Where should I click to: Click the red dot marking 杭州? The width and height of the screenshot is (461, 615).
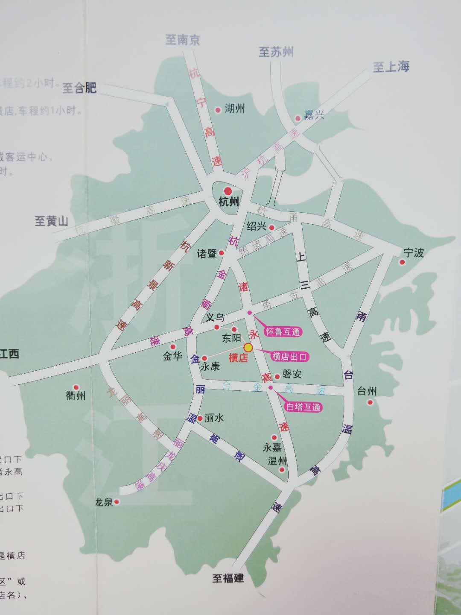228,191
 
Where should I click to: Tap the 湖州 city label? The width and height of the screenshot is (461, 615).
234,109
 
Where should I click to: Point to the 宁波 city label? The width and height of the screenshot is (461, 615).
413,252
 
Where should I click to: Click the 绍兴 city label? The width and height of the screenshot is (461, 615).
257,226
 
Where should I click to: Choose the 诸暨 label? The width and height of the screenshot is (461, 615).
207,254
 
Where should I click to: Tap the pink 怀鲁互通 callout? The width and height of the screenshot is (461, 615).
283,331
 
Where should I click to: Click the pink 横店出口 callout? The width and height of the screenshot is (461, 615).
290,357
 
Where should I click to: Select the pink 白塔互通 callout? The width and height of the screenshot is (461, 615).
303,407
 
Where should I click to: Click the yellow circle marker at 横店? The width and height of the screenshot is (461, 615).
248,347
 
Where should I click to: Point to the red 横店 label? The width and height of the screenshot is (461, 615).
238,358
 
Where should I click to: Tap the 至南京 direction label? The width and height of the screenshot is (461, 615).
183,40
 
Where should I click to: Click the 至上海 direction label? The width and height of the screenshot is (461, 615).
391,67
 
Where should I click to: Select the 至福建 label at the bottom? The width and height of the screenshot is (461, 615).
228,578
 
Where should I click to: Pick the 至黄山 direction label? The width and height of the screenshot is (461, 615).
51,221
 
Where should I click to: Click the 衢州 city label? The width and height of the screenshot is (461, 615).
76,396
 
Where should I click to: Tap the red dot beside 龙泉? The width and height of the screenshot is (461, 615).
117,502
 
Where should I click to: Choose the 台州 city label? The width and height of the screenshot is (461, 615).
367,391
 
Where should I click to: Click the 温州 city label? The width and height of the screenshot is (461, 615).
277,461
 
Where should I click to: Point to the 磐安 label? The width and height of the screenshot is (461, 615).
292,374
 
